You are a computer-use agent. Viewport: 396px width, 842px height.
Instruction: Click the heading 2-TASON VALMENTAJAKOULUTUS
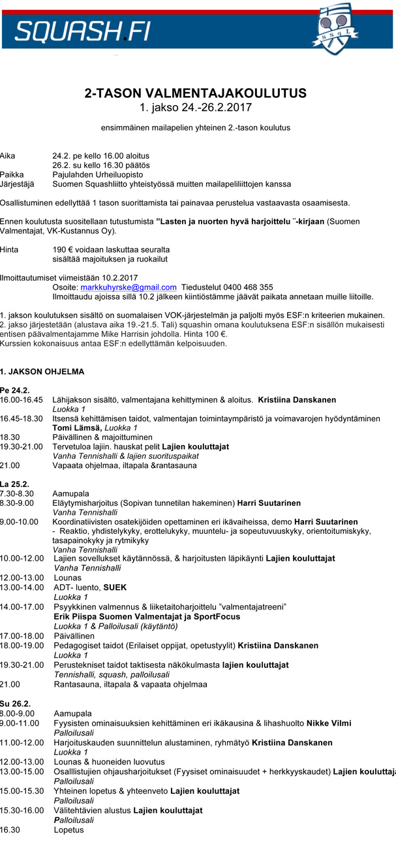[196, 93]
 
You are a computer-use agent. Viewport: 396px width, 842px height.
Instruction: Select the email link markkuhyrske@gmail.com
[128, 287]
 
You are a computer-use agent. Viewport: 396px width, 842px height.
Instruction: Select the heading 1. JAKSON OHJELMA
[42, 371]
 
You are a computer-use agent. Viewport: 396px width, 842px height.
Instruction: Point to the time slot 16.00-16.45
[22, 399]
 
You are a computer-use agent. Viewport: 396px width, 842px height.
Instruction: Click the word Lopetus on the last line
[69, 830]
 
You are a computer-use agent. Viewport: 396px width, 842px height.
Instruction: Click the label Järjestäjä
[18, 184]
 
